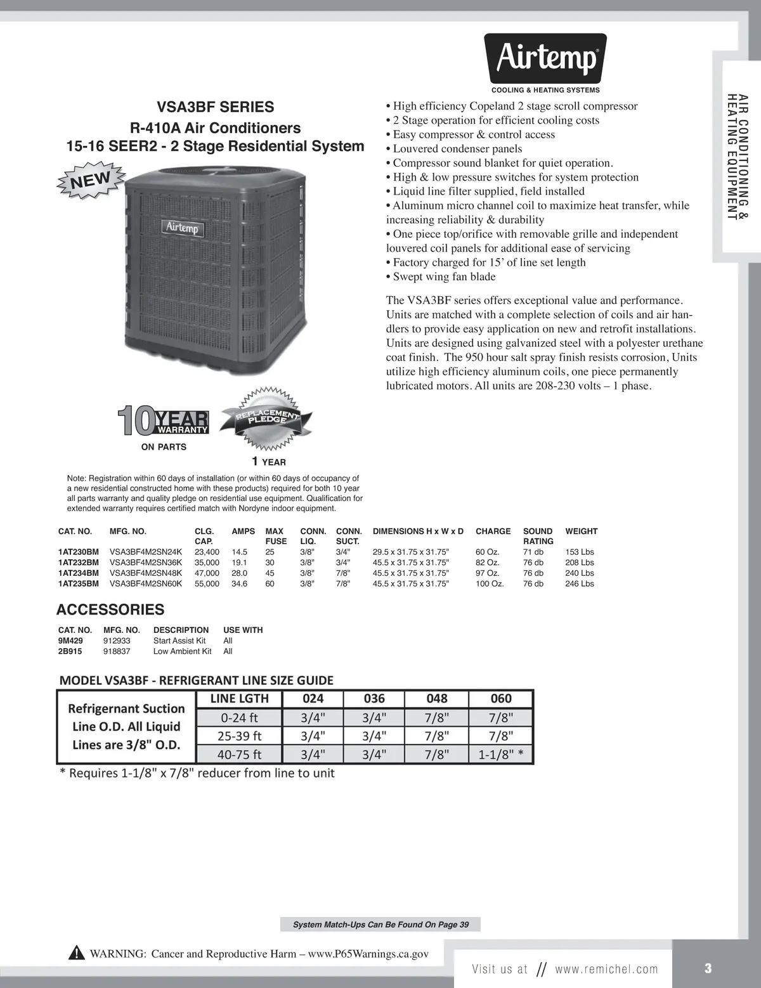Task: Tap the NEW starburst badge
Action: point(91,179)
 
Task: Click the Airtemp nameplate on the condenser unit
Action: point(182,227)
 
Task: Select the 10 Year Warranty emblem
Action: point(164,422)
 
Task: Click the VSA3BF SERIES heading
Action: point(216,107)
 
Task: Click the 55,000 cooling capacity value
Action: point(207,583)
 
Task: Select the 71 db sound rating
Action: point(533,552)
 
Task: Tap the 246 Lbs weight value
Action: point(580,583)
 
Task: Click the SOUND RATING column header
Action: point(538,536)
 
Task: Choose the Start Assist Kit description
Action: point(179,640)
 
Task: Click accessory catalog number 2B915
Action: point(70,651)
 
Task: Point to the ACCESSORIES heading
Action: point(110,609)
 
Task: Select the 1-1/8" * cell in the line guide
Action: point(501,755)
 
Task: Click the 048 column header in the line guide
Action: point(437,698)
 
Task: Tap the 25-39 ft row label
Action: point(240,736)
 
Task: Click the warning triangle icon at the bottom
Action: point(76,953)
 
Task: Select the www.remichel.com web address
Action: point(606,969)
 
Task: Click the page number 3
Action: point(708,968)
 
